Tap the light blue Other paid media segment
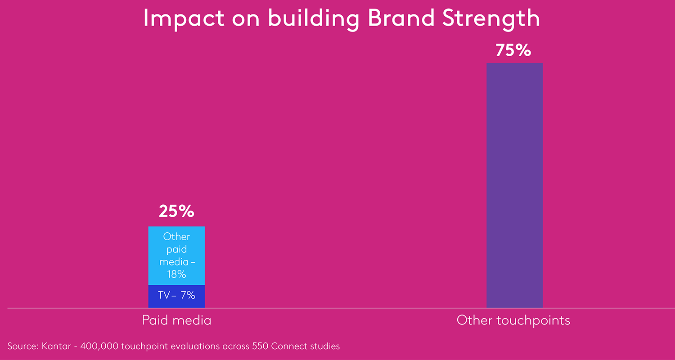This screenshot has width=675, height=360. point(176,255)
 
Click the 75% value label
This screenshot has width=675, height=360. point(513,50)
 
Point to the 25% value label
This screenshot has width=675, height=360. point(176,211)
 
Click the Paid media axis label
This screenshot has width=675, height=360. point(176,320)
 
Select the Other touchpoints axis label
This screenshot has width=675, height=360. point(513,320)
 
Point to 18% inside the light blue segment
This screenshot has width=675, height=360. point(176,274)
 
